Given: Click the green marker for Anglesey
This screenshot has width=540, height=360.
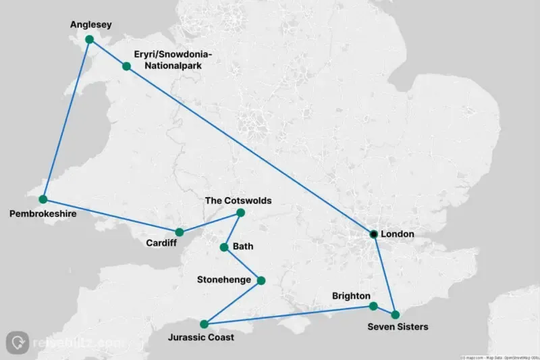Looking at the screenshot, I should coord(88,39).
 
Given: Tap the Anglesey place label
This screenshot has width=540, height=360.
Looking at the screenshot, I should coord(90,25).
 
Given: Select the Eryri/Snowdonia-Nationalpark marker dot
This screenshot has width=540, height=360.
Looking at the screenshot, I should coord(126,66).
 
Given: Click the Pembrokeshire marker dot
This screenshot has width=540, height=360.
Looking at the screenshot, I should coord(43,199).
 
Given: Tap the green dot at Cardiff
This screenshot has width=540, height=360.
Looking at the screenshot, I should coord(180,232).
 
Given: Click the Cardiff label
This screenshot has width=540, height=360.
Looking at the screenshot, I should coord(161,243).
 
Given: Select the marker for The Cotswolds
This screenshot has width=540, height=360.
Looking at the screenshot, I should coord(240,213).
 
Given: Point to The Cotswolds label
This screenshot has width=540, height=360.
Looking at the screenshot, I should coord(238,201).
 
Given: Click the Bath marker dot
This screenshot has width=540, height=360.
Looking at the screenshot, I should coord(224,247).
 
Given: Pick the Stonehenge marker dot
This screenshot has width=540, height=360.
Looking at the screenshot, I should coord(261,280).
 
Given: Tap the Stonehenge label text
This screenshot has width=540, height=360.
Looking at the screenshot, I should coord(225,279).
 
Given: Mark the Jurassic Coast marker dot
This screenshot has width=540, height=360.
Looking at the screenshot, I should coord(204,324).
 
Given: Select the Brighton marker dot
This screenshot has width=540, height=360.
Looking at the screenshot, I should coord(373,306).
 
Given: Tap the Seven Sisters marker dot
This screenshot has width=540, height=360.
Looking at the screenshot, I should coord(396,315).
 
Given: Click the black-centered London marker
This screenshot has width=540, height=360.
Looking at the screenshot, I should coord(373,234).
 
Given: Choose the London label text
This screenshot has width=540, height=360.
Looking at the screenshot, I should coord(397,234).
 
